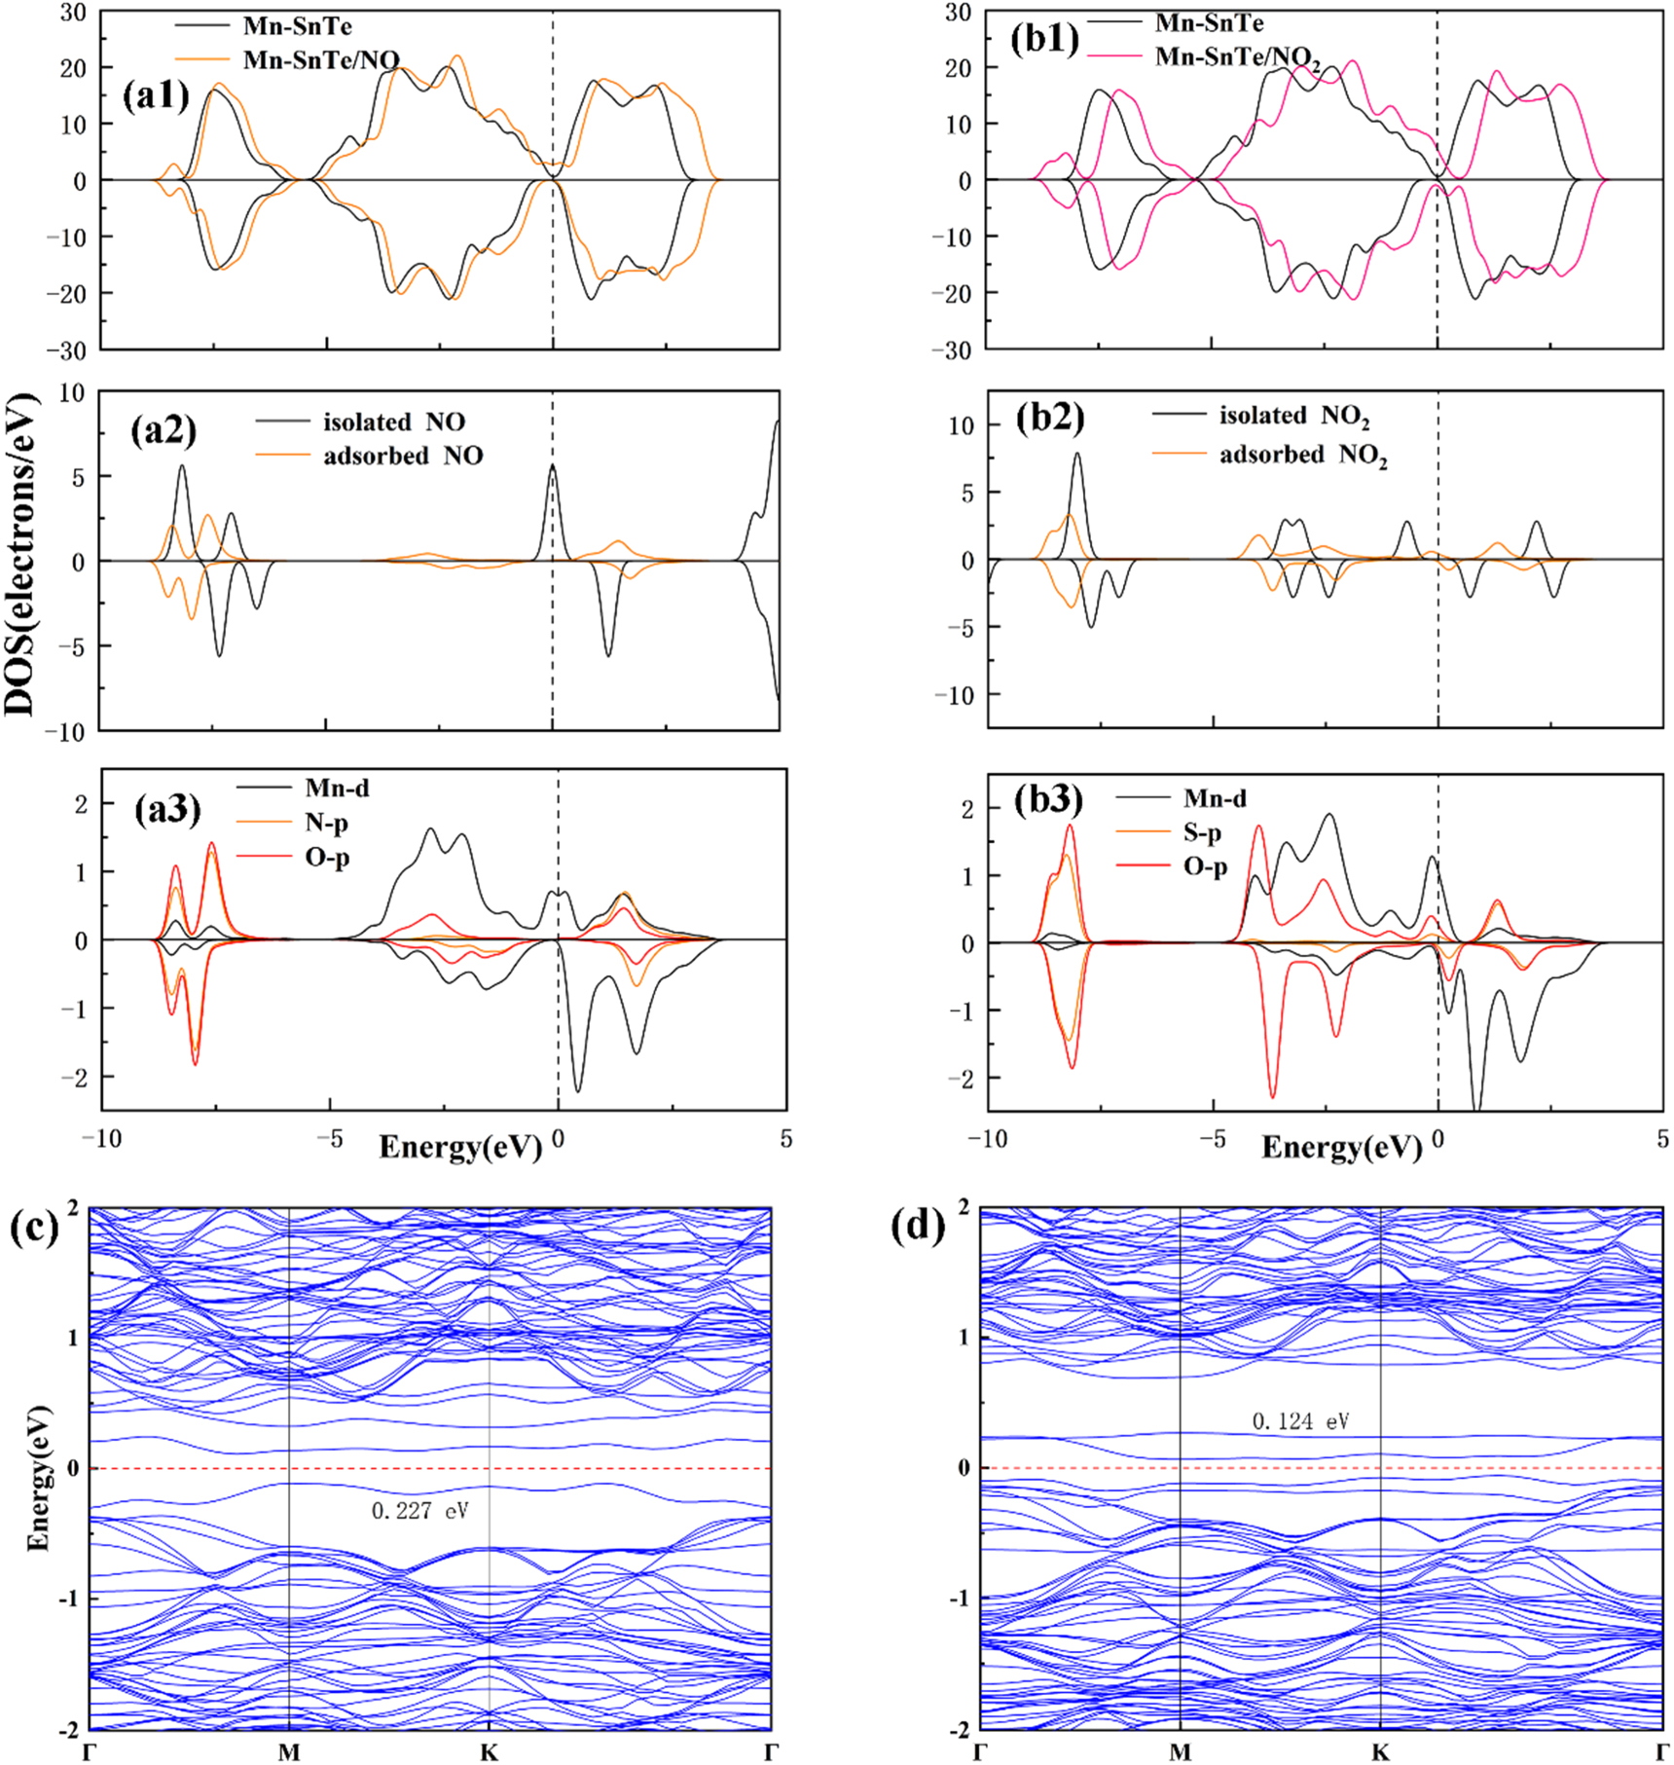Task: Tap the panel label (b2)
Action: tap(1049, 417)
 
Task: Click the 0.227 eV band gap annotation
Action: tap(419, 1510)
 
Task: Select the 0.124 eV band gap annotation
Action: tap(1300, 1420)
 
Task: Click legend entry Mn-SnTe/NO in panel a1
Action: tap(320, 59)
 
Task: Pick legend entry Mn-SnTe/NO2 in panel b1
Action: tap(1236, 57)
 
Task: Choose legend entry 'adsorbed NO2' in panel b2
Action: tap(1302, 455)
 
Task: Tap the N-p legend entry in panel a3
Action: tap(326, 823)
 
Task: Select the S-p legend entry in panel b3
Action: tap(1202, 832)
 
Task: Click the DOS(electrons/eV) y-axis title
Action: tap(18, 555)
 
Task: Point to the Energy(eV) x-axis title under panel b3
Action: tap(1341, 1148)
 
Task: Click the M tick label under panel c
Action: tap(289, 1752)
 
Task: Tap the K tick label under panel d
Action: tap(1380, 1752)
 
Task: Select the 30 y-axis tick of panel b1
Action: tap(959, 13)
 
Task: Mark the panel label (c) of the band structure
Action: tap(34, 1228)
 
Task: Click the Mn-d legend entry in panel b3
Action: tap(1214, 798)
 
